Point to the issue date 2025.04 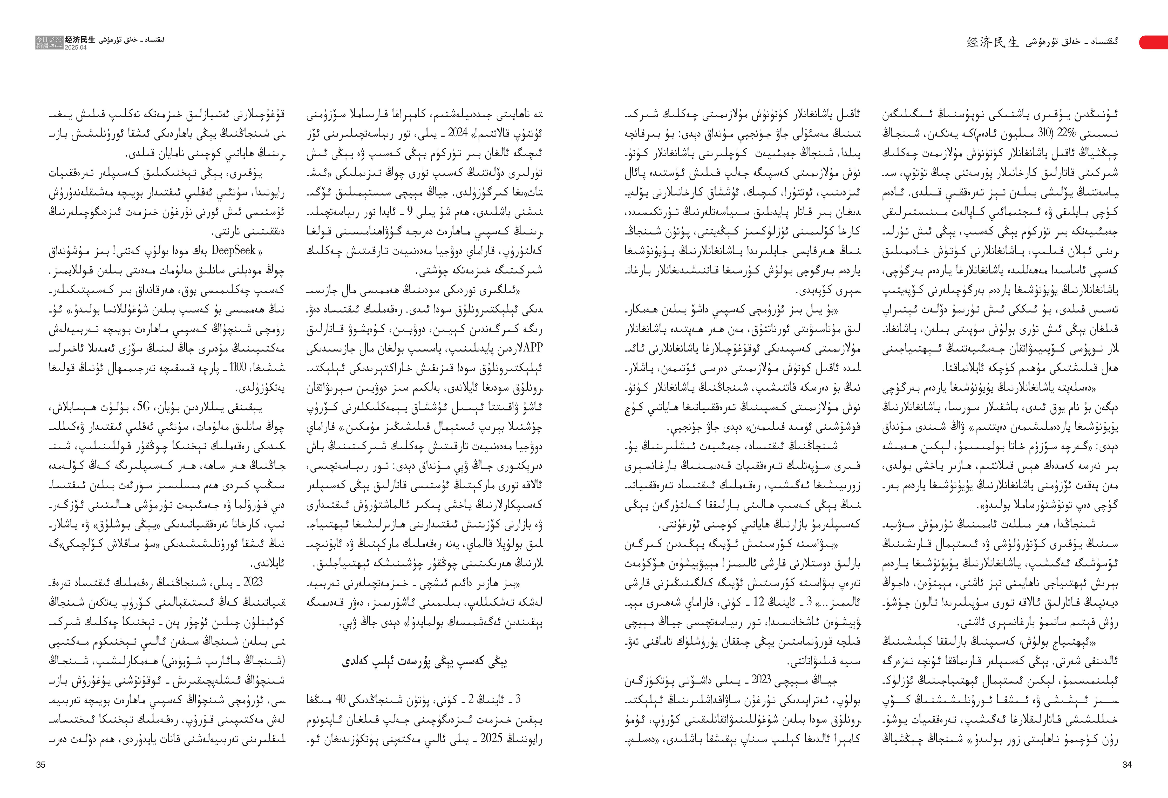pyautogui.click(x=75, y=48)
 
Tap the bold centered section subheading pyautogui.click(x=425, y=661)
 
